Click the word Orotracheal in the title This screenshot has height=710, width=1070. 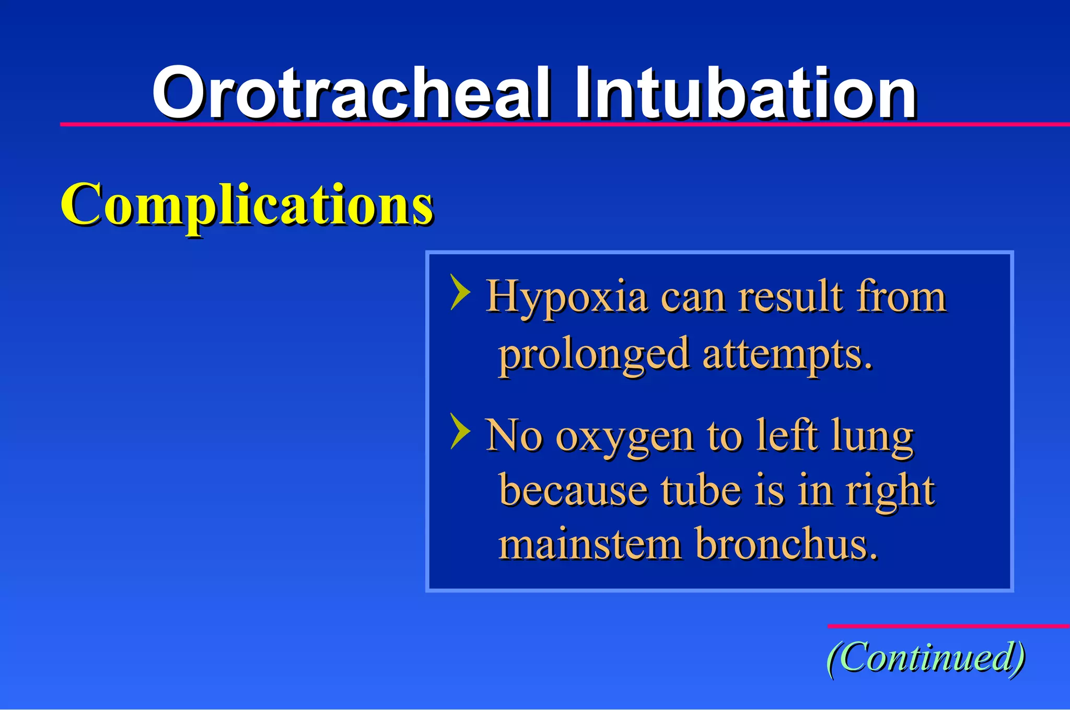[x=350, y=94]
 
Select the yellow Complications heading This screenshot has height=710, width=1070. [x=247, y=205]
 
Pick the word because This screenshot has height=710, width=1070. [x=573, y=491]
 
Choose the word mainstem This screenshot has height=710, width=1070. [x=590, y=544]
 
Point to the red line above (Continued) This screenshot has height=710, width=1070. [x=948, y=626]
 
